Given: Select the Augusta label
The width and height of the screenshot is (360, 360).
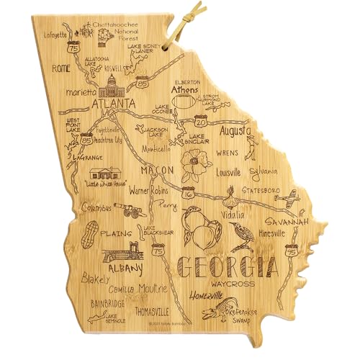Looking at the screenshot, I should click(230, 132).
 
